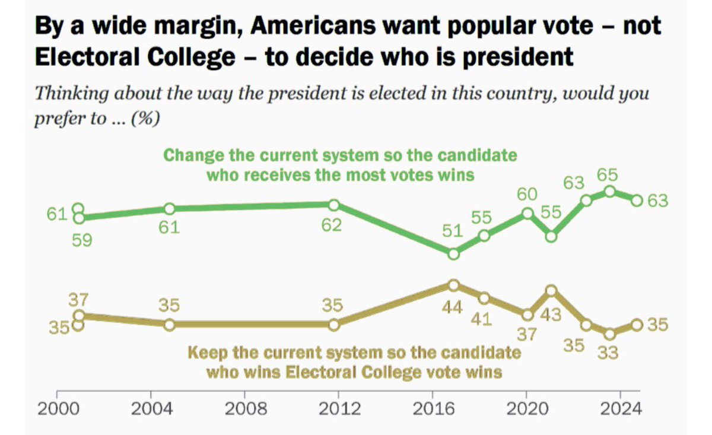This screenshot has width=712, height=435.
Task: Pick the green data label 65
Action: [608, 176]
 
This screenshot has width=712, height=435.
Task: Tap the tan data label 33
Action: [608, 353]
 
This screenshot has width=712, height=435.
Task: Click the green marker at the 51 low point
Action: [453, 253]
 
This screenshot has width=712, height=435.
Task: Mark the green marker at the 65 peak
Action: [609, 191]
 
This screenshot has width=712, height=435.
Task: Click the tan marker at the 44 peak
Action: [453, 285]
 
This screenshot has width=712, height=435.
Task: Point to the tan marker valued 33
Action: [609, 334]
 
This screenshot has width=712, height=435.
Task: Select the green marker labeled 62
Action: [333, 205]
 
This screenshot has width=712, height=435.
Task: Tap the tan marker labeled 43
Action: [551, 290]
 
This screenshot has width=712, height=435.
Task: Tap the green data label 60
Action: [526, 194]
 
